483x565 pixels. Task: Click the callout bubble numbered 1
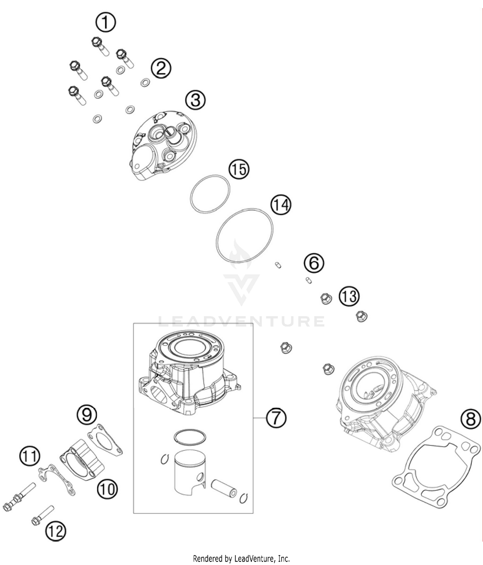[106, 22]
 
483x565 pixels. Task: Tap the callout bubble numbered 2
[161, 68]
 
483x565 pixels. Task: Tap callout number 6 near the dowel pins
[314, 263]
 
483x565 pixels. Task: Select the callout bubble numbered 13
[349, 296]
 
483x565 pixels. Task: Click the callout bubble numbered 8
[470, 420]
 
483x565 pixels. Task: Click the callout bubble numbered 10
[107, 489]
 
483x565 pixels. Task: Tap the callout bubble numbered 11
[30, 456]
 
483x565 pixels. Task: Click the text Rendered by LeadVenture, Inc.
[241, 558]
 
